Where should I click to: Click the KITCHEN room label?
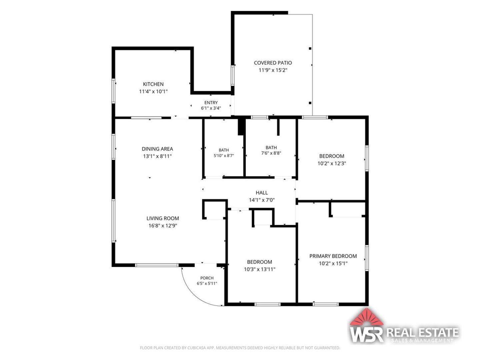coord(153,84)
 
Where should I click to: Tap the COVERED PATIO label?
coord(273,63)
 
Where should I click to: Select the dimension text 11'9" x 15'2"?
coord(273,70)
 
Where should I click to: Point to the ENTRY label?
coord(211,103)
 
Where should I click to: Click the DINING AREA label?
coord(157,149)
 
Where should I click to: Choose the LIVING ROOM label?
coord(162,218)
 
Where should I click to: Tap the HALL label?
coord(262,193)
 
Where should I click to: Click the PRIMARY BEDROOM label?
coord(333,256)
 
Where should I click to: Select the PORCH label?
coord(207,278)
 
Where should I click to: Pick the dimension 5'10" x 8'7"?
coord(224,156)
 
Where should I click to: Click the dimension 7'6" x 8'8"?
coord(271,153)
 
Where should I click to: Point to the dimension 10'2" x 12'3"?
coord(332,163)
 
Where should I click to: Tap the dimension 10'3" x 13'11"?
coord(259,269)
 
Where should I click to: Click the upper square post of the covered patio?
coord(310,49)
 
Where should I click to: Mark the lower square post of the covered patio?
coord(310,103)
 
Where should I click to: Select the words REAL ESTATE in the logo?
coord(422,332)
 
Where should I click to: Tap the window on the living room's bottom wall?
coord(157,265)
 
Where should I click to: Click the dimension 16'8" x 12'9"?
coord(162,226)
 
